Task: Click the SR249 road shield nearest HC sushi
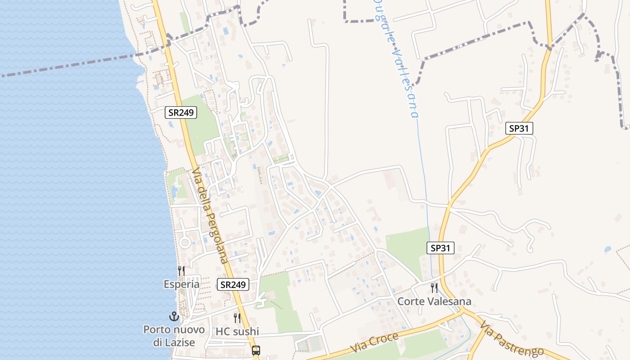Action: point(233,284)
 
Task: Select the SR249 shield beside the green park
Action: point(181,112)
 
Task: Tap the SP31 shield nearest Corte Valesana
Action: point(440,248)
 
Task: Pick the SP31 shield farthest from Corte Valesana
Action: point(519,128)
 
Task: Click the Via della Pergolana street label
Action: point(210,216)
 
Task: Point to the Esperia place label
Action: point(181,284)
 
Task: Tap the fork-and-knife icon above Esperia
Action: point(181,270)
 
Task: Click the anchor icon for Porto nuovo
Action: point(174,316)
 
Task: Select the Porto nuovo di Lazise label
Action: point(174,336)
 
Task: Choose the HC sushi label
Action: point(237,332)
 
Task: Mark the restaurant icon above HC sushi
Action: point(237,318)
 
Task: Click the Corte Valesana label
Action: point(434,301)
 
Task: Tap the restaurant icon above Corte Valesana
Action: point(434,288)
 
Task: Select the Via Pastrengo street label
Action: point(511,339)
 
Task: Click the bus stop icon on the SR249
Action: point(256,350)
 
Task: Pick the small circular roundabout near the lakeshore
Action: point(184,243)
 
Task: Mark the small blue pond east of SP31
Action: point(607,249)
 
